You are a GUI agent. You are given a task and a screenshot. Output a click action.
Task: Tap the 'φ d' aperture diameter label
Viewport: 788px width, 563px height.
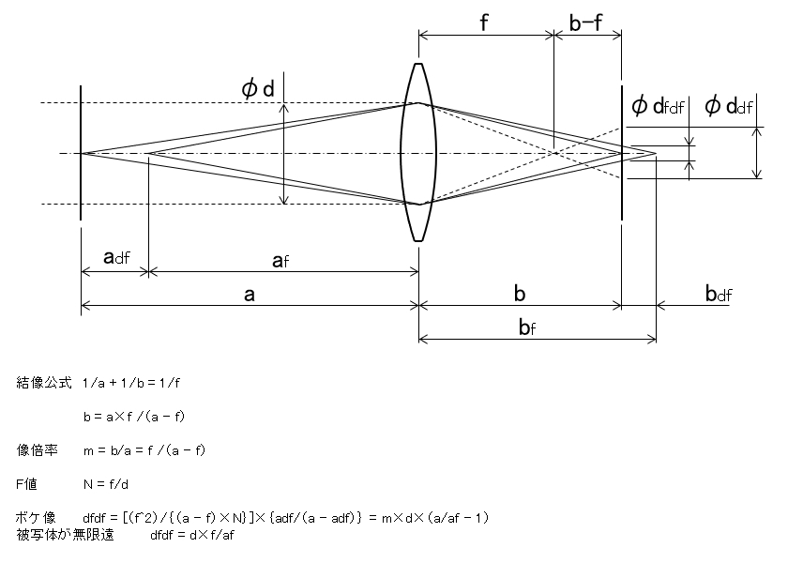pos(258,89)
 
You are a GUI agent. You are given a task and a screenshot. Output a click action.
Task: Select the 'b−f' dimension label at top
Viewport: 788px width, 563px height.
pos(585,23)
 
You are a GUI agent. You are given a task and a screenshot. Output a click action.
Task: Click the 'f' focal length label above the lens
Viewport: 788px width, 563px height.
pos(484,23)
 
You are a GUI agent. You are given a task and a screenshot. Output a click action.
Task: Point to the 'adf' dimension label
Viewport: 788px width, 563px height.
pos(116,257)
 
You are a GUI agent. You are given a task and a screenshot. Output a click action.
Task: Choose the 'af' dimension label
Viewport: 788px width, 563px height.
pos(280,261)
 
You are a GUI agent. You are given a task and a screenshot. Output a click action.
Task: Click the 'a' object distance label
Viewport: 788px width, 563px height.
pos(250,295)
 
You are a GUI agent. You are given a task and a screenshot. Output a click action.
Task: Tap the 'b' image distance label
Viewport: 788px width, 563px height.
pos(520,293)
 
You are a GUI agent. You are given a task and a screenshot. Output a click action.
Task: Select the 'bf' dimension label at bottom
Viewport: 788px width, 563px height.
pos(527,327)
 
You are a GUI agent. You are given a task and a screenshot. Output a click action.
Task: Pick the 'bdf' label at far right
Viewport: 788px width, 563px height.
pos(719,293)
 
